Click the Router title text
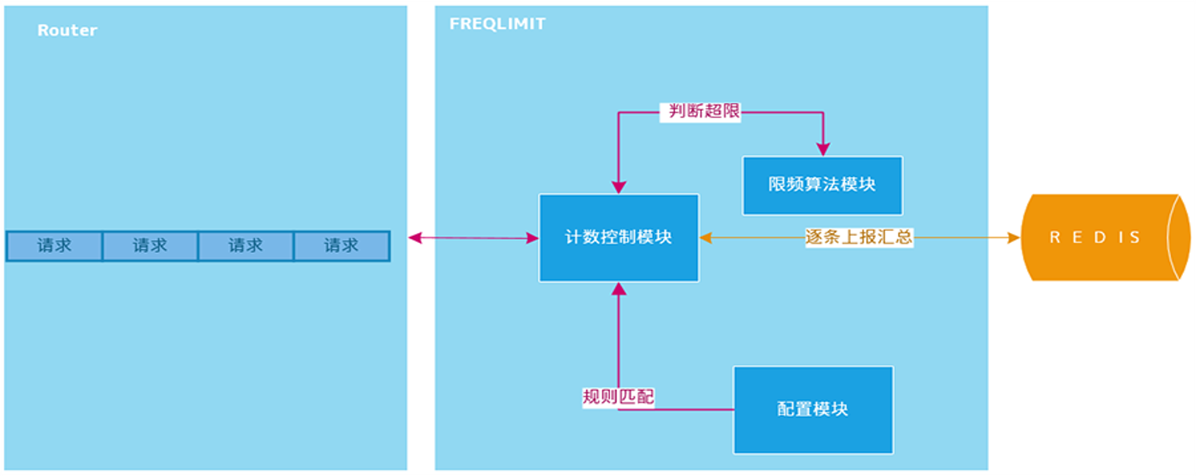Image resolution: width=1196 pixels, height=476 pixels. tap(67, 31)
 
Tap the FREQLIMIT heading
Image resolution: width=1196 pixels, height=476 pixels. tap(497, 24)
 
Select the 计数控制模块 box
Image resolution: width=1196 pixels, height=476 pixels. tap(619, 238)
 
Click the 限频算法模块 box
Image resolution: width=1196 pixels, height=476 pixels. tap(822, 186)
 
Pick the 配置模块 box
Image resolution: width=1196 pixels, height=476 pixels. tap(813, 410)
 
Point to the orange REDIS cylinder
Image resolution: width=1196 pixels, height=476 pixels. tap(1104, 238)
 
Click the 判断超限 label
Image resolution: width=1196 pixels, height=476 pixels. tap(700, 112)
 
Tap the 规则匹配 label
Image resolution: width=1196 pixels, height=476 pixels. tap(618, 397)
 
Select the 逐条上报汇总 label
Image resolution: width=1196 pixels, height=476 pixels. tap(859, 237)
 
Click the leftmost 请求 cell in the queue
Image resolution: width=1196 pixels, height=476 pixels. tap(54, 246)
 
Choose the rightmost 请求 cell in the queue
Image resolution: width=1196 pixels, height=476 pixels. tap(341, 246)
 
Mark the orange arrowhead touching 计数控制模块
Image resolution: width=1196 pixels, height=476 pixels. tap(706, 238)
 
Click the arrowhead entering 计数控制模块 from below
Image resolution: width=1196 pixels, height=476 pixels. tap(619, 290)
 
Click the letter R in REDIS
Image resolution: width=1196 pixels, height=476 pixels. tap(1055, 238)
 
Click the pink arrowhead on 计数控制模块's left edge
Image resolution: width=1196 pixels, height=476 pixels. tap(532, 238)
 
